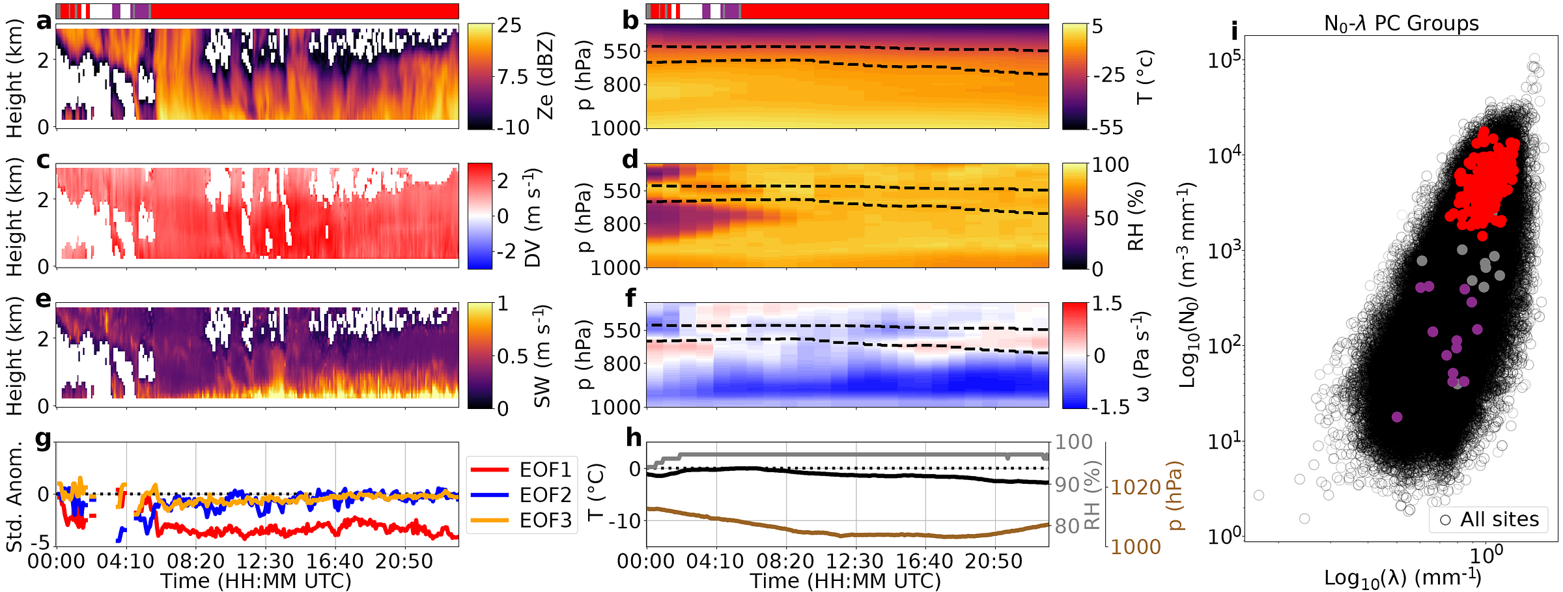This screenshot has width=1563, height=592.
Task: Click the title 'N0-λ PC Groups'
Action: (x=1401, y=23)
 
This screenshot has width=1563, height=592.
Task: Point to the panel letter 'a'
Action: (x=44, y=21)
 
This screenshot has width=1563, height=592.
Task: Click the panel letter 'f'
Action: (x=630, y=298)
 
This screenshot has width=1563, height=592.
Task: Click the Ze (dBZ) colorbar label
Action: (x=544, y=76)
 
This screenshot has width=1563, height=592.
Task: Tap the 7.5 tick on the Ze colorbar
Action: (x=513, y=77)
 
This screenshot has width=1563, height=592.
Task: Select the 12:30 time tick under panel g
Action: (x=265, y=561)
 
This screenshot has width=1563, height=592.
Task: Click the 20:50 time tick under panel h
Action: (x=994, y=561)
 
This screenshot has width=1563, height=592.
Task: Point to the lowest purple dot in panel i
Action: (x=1396, y=417)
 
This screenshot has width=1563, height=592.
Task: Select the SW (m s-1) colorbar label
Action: (x=543, y=356)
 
